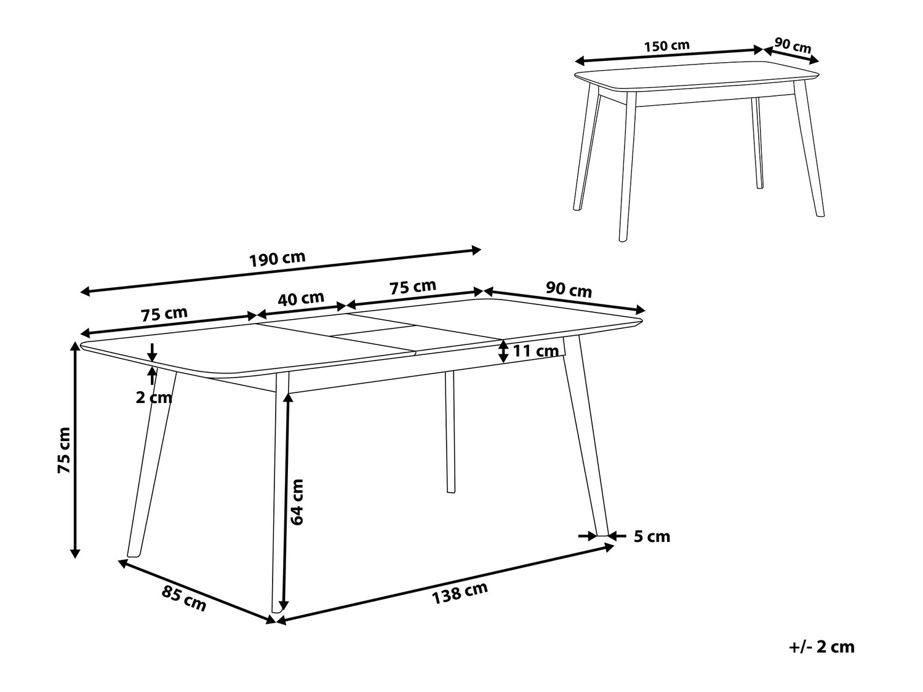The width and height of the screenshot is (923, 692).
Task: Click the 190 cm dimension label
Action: click(x=278, y=259)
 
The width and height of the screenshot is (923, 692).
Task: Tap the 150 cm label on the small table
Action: click(x=667, y=46)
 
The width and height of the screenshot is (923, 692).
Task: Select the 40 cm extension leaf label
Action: click(x=301, y=299)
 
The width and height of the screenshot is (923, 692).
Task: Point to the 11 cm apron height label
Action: click(x=536, y=351)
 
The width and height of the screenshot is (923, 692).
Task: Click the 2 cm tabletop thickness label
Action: click(x=154, y=397)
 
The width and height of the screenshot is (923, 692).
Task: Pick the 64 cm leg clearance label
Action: click(x=297, y=502)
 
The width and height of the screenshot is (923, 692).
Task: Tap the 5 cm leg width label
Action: click(x=652, y=536)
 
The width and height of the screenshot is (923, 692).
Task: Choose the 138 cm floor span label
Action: click(x=460, y=592)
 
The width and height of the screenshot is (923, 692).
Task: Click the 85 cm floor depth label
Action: click(x=184, y=599)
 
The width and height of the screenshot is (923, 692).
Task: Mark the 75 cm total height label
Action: click(x=64, y=450)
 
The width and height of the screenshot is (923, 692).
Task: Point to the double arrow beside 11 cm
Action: click(x=503, y=351)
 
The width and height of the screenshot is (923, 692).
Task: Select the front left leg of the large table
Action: click(x=152, y=464)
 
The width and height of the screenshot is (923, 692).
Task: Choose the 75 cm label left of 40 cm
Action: click(x=164, y=314)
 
